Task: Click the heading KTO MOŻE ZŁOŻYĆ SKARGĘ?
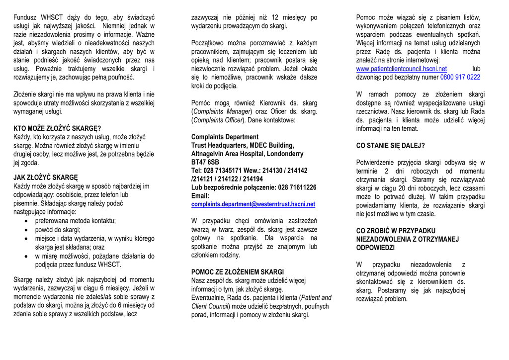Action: point(57,128)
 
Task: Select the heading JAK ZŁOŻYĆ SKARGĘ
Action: point(46,178)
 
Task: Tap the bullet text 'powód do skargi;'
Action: point(58,230)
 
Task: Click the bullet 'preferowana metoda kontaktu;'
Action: point(75,221)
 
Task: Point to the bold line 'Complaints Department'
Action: point(225,137)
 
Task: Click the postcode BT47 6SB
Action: point(205,162)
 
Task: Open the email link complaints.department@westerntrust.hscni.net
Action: point(253,204)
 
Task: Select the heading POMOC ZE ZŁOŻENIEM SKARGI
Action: point(238,272)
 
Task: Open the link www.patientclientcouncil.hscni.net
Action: point(402,69)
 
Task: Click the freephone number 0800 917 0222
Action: point(460,77)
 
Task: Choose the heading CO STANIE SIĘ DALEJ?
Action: point(391,146)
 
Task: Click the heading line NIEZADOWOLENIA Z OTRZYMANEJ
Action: point(408,239)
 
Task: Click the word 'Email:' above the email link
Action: point(200,196)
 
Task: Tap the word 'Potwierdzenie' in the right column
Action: point(377,162)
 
